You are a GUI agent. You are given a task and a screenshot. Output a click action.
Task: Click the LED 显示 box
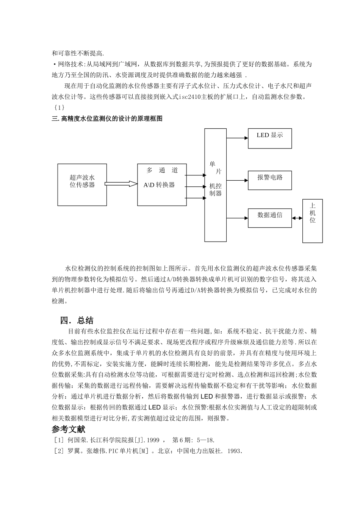270,138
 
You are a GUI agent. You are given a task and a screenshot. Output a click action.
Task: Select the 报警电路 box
270,180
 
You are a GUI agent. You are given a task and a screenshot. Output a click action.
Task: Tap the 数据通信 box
270,218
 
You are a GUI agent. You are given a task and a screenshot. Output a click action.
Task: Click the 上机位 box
313,221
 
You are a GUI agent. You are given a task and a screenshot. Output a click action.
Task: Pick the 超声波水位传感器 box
82,185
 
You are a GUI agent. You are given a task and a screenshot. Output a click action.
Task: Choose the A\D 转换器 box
162,185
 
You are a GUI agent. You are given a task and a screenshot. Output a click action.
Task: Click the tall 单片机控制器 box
216,185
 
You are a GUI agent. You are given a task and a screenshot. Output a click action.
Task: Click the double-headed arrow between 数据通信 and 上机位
297,218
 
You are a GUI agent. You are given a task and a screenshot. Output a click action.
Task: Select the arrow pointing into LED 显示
237,138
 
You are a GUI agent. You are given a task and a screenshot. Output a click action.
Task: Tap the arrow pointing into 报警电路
237,180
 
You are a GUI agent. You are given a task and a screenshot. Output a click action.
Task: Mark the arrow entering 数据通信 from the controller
237,218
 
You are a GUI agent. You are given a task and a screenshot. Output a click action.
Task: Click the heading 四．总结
77,320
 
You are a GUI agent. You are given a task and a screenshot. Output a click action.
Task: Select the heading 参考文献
69,429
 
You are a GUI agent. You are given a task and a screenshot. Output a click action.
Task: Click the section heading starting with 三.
107,119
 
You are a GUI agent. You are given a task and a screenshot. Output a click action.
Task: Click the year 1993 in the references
235,451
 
